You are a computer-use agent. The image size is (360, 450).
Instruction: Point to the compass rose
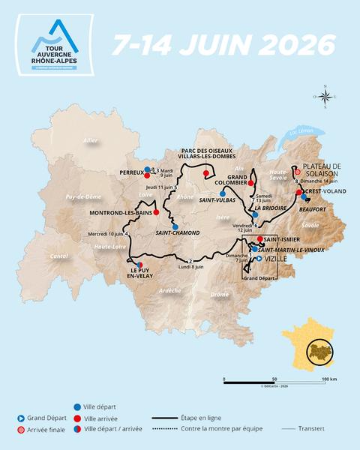point(325,96)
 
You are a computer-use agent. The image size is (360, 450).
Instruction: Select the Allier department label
point(91,140)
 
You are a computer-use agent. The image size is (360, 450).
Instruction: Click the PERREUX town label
point(131,172)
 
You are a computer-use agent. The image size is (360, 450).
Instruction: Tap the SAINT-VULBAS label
point(214,200)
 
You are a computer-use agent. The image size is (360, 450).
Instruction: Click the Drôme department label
point(220,295)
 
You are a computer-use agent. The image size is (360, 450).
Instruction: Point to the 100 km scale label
point(328,379)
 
